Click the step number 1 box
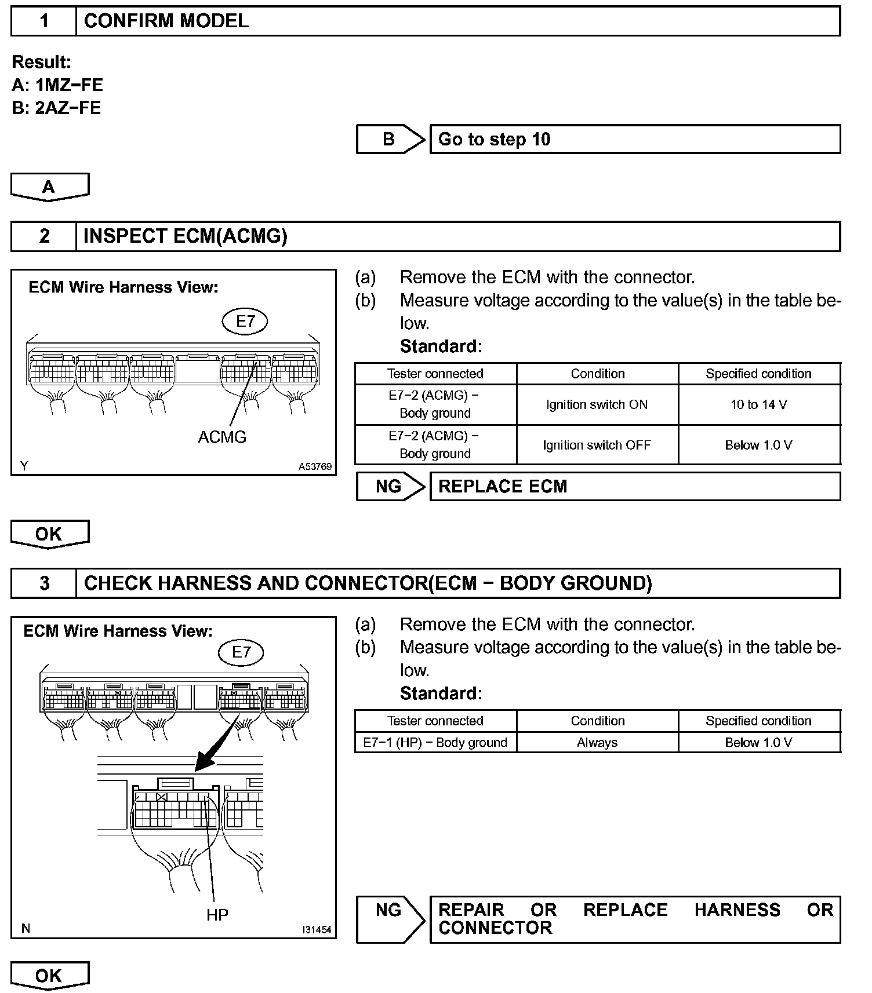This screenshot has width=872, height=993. click(x=44, y=21)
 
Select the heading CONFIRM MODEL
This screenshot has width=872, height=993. click(x=166, y=21)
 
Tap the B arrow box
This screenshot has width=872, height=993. click(x=389, y=139)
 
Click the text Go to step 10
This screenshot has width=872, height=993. click(x=494, y=139)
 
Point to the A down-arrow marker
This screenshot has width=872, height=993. click(x=49, y=187)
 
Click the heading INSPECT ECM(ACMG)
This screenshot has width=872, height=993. click(x=186, y=236)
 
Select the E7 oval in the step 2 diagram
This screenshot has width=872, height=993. click(x=245, y=321)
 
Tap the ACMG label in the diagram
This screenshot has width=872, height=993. click(x=222, y=437)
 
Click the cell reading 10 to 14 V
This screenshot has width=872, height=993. click(x=758, y=404)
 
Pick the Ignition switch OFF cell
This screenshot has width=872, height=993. click(x=597, y=445)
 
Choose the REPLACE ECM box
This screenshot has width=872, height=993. click(x=634, y=486)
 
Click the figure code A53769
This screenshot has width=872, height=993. click(x=315, y=466)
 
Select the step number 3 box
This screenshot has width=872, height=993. click(x=44, y=583)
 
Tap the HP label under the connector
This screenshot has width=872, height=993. click(x=217, y=915)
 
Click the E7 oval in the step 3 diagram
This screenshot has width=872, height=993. click(x=241, y=652)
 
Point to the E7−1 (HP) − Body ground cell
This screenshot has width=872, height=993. click(x=435, y=742)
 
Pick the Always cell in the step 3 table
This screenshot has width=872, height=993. click(x=597, y=742)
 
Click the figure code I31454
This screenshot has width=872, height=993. click(x=316, y=929)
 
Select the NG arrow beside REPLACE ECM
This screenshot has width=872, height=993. click(x=389, y=486)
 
